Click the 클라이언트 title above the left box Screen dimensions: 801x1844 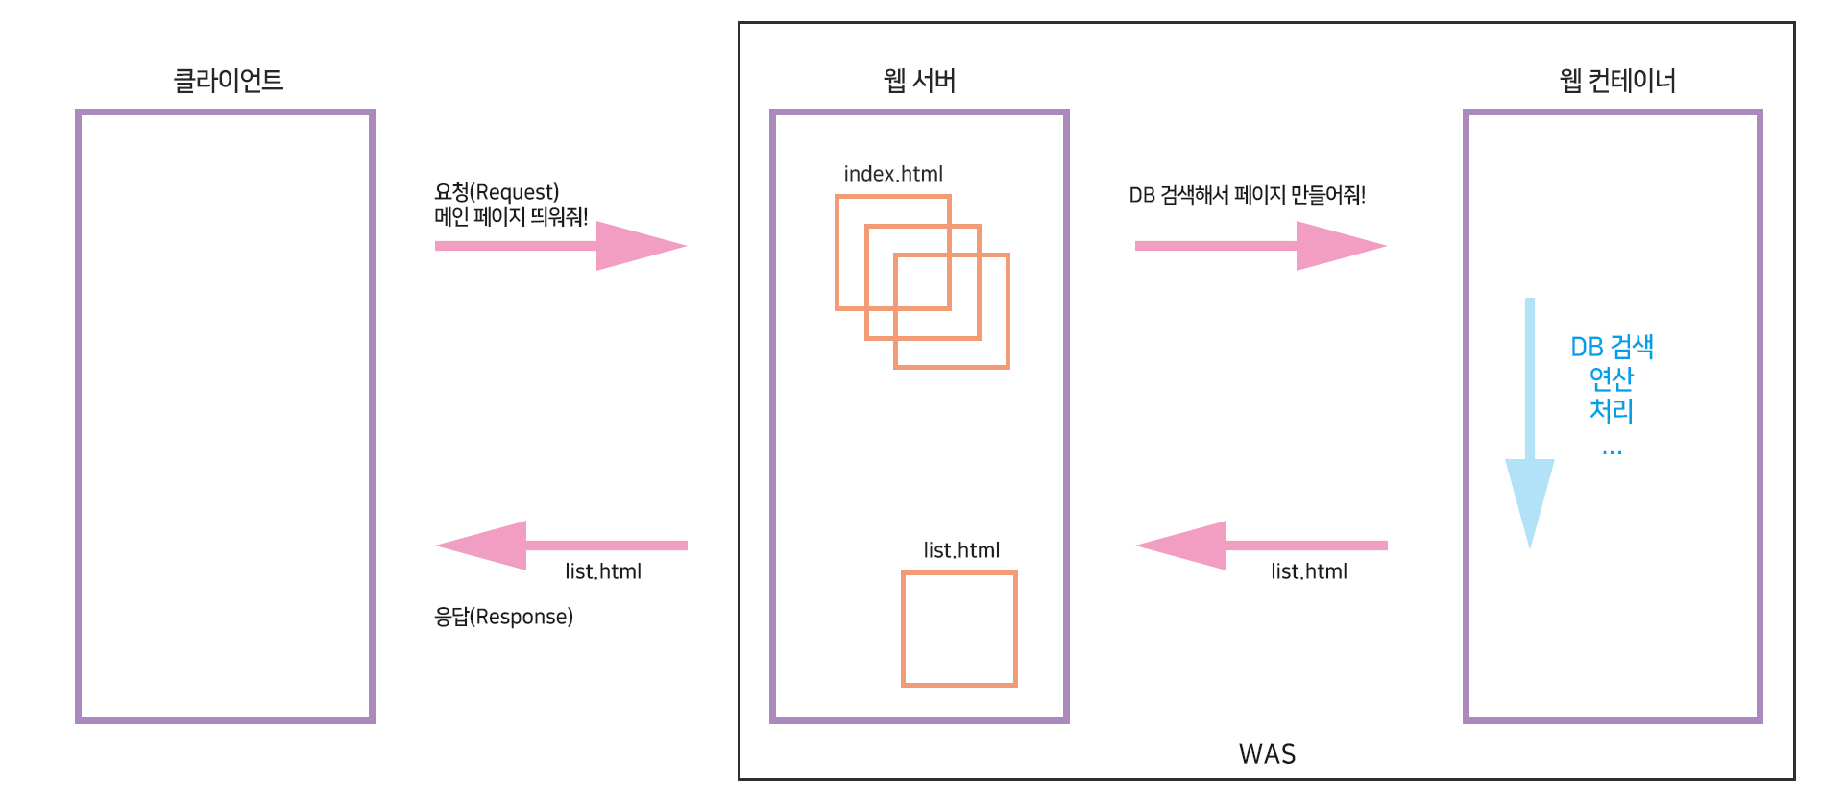[228, 81]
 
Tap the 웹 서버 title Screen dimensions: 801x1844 [919, 81]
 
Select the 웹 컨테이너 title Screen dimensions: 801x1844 [1617, 81]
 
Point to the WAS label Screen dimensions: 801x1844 [1267, 754]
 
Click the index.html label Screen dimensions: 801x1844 [893, 174]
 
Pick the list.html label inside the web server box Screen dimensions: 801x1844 [961, 550]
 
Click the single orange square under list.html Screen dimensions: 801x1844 [958, 629]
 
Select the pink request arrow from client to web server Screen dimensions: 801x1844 [560, 246]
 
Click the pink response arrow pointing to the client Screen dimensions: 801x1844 [560, 546]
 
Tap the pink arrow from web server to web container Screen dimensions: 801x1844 [1260, 246]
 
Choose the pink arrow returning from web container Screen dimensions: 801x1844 [1260, 546]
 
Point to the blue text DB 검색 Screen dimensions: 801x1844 [1612, 347]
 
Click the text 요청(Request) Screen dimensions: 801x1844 [497, 192]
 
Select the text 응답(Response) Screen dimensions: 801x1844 [503, 617]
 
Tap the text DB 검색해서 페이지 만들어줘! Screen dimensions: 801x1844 [1247, 195]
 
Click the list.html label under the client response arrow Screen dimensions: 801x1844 [603, 571]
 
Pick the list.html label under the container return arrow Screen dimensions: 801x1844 [1309, 571]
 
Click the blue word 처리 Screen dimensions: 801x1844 [1612, 411]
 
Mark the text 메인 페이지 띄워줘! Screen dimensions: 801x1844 [511, 217]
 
